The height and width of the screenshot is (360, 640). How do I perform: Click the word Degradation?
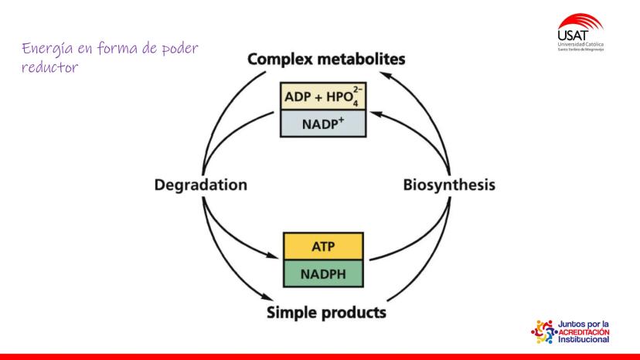tap(200, 185)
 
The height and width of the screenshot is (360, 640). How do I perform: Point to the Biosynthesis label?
tap(448, 185)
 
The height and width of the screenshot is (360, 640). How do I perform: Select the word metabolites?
tap(361, 59)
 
